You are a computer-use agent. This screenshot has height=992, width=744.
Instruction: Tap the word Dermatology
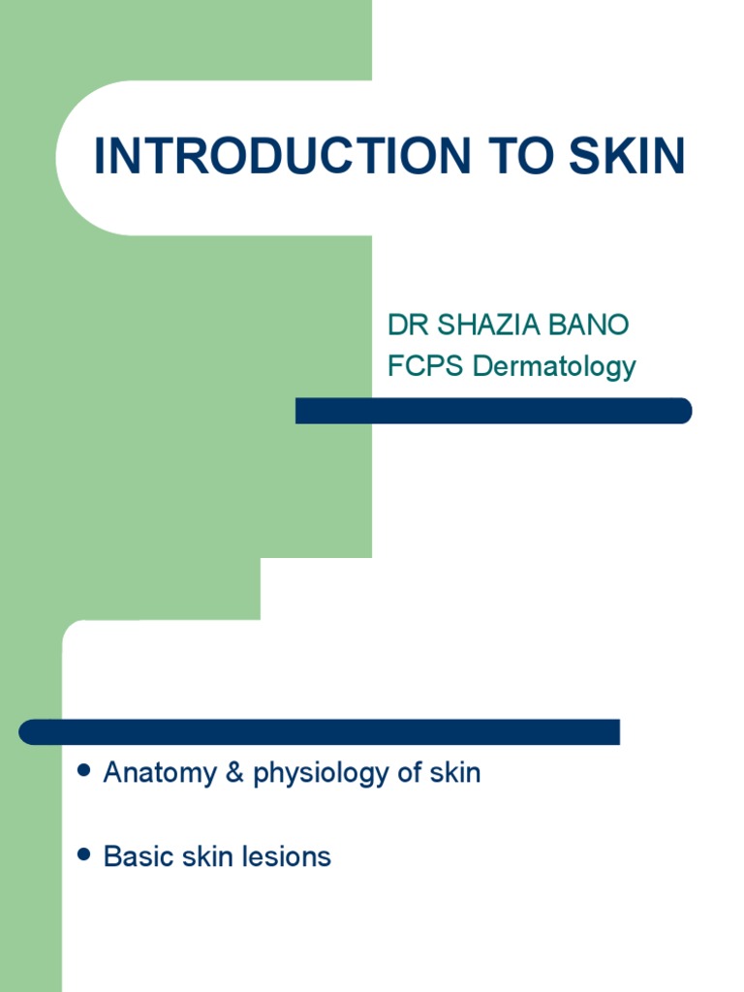[554, 366]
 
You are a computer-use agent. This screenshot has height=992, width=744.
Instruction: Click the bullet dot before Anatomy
[83, 771]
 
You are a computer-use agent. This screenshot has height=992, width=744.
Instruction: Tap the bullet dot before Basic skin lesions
[83, 854]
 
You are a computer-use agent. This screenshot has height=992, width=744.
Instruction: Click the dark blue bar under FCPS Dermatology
[493, 411]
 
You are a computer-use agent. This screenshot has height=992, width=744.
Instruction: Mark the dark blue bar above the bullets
[320, 731]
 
